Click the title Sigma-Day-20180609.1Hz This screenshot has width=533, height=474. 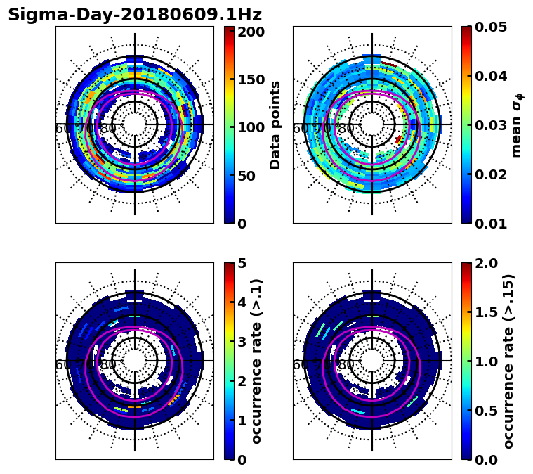click(135, 15)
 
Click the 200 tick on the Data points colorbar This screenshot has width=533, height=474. click(251, 32)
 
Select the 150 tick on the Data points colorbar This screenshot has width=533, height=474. click(251, 79)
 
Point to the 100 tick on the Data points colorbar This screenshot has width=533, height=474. click(251, 127)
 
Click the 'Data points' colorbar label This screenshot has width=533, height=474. click(275, 124)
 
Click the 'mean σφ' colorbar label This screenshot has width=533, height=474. click(517, 125)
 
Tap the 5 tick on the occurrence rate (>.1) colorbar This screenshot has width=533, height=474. click(242, 263)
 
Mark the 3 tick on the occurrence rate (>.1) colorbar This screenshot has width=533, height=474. click(242, 342)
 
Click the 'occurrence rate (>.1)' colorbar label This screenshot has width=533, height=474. click(257, 361)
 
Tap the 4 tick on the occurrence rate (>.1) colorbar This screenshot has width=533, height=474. click(242, 302)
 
